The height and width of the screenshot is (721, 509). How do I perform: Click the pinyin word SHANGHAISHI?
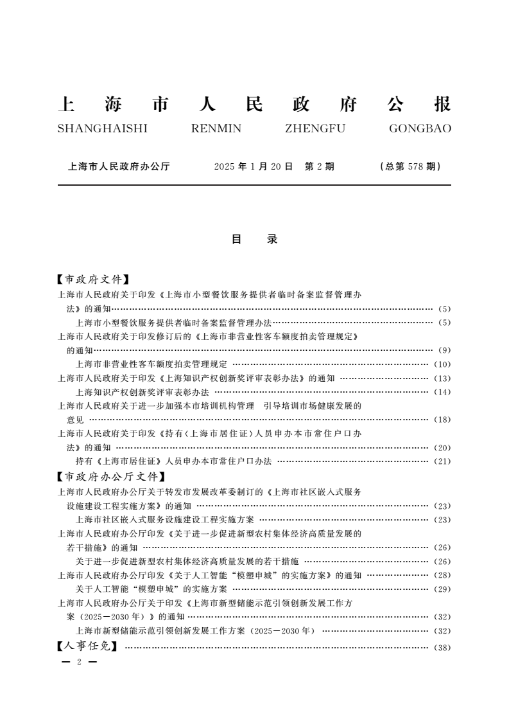(103, 129)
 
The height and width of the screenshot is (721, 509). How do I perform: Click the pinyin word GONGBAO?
(420, 129)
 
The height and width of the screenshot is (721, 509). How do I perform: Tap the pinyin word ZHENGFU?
(315, 129)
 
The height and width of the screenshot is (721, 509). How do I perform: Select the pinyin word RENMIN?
(216, 129)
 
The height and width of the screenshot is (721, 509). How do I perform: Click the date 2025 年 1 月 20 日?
(253, 166)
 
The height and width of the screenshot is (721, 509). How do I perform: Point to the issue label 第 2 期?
(319, 166)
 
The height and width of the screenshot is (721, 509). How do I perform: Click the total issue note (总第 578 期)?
(410, 166)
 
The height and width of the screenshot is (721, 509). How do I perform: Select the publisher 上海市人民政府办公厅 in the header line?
(119, 166)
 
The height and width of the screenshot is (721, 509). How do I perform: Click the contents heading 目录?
(254, 239)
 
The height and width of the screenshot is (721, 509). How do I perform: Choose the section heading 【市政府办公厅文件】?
(111, 477)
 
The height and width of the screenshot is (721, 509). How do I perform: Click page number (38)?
(443, 648)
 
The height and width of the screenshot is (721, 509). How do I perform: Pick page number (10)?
(443, 364)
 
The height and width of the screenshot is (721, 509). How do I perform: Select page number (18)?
(443, 420)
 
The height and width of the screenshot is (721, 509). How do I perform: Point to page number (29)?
(443, 589)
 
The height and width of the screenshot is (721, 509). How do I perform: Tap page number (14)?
(443, 392)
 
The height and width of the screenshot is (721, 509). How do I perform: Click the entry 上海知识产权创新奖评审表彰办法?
(142, 392)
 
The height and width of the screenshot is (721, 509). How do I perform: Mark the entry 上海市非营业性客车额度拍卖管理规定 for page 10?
(151, 364)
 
